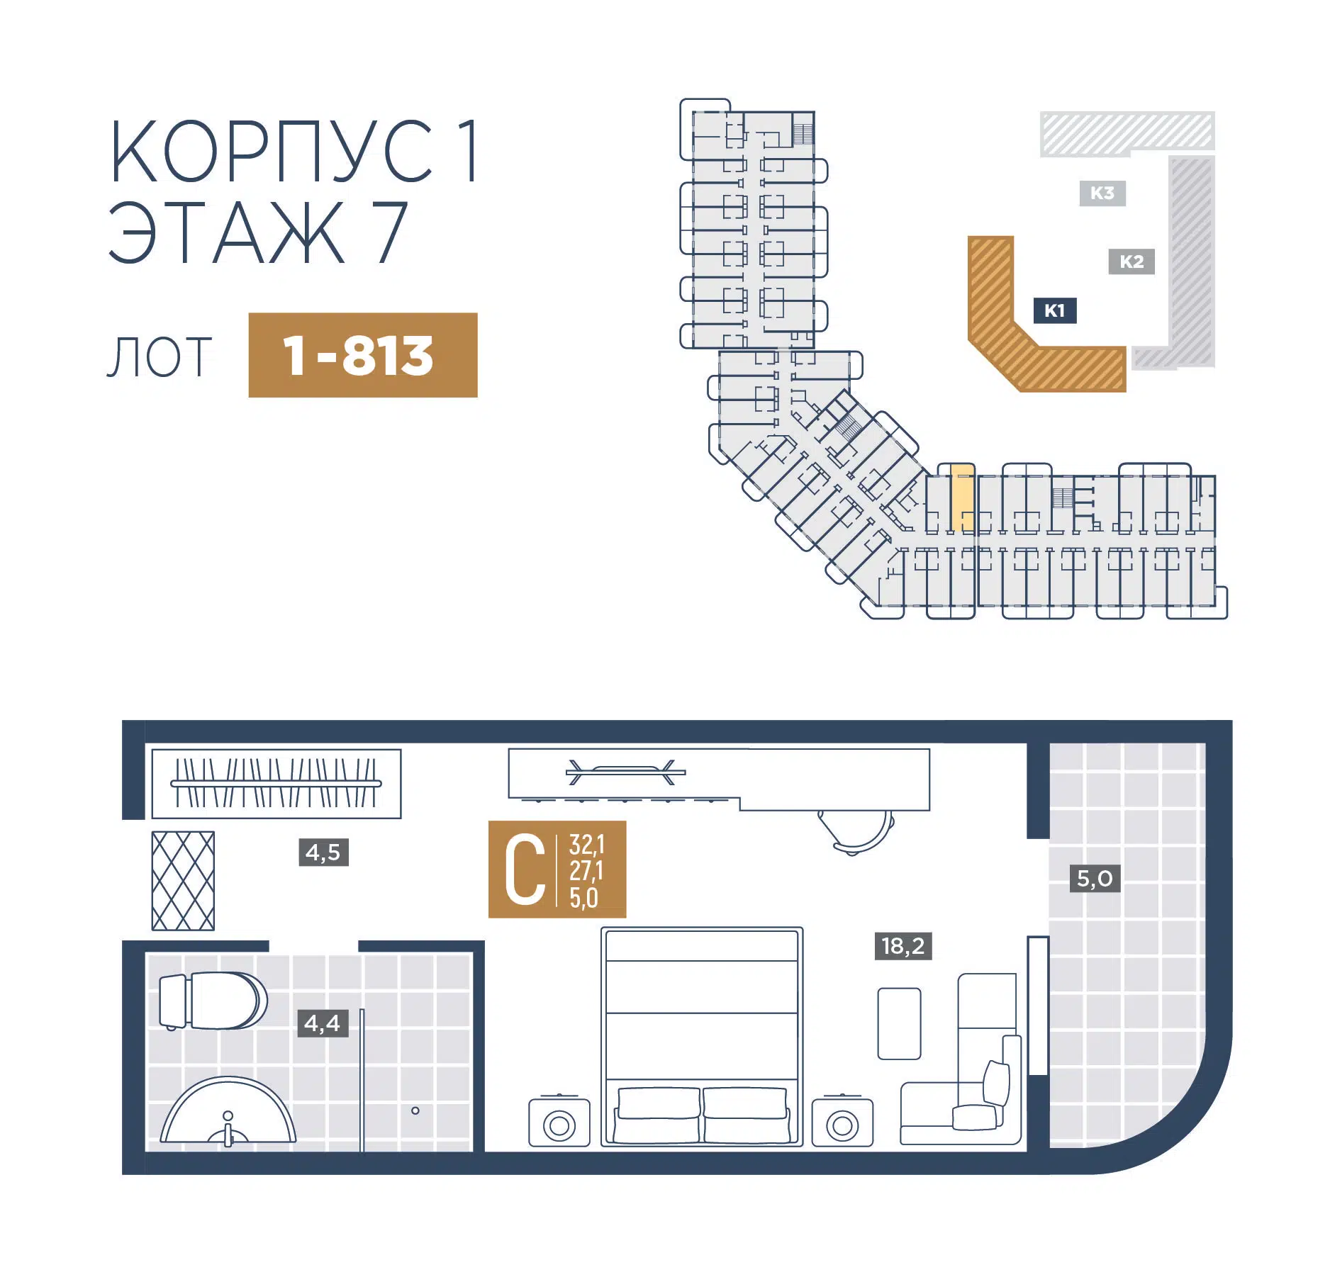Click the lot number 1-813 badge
(x=362, y=355)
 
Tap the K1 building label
(x=1055, y=310)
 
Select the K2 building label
(x=1131, y=261)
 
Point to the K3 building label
(x=1102, y=193)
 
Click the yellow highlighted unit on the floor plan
(x=962, y=497)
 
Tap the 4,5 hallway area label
(x=323, y=853)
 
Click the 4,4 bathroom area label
(x=323, y=1023)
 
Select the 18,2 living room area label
(x=903, y=946)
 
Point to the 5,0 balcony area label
(x=1095, y=879)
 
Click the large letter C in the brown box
(x=525, y=870)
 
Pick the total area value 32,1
(x=587, y=845)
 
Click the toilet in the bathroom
(x=213, y=1001)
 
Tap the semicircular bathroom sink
(x=228, y=1110)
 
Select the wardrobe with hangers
(x=276, y=784)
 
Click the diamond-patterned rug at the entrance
(x=183, y=881)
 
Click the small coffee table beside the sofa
(x=899, y=1024)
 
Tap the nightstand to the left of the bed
(x=559, y=1122)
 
